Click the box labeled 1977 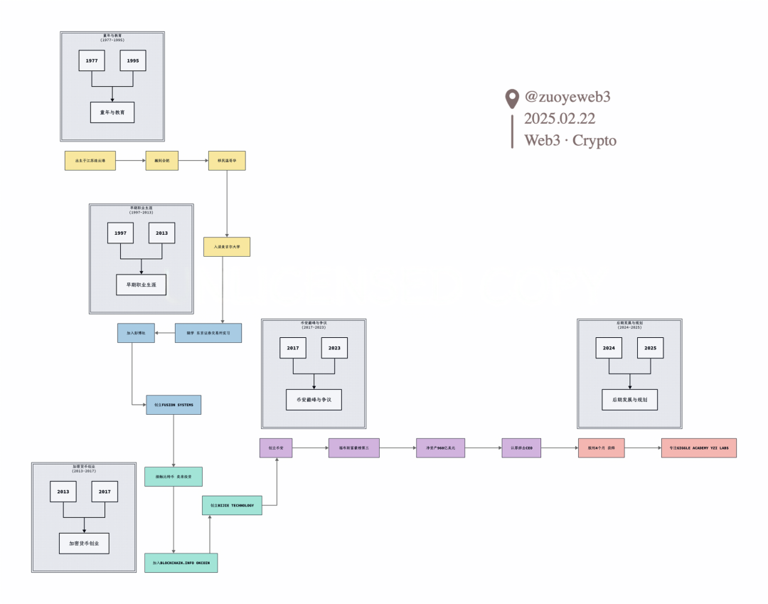coord(92,61)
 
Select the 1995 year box coord(133,61)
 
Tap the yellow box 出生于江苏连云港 coord(90,161)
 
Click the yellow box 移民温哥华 coord(227,161)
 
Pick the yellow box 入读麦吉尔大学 coord(227,247)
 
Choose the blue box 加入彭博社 coord(136,333)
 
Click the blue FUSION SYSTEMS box coord(174,405)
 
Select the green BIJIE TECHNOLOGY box coord(232,505)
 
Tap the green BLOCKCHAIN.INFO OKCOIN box coord(181,563)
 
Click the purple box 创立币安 coord(276,448)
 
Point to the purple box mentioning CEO coord(521,448)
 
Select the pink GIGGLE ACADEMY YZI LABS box coord(698,448)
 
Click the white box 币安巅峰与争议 coord(314,400)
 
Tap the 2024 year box coord(609,348)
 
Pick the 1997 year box coord(120,233)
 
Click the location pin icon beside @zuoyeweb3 coord(511,99)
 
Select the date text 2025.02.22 coord(560,119)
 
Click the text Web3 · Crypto coord(570,140)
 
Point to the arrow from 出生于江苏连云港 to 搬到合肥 coord(130,161)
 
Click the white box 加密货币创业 coord(84,544)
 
